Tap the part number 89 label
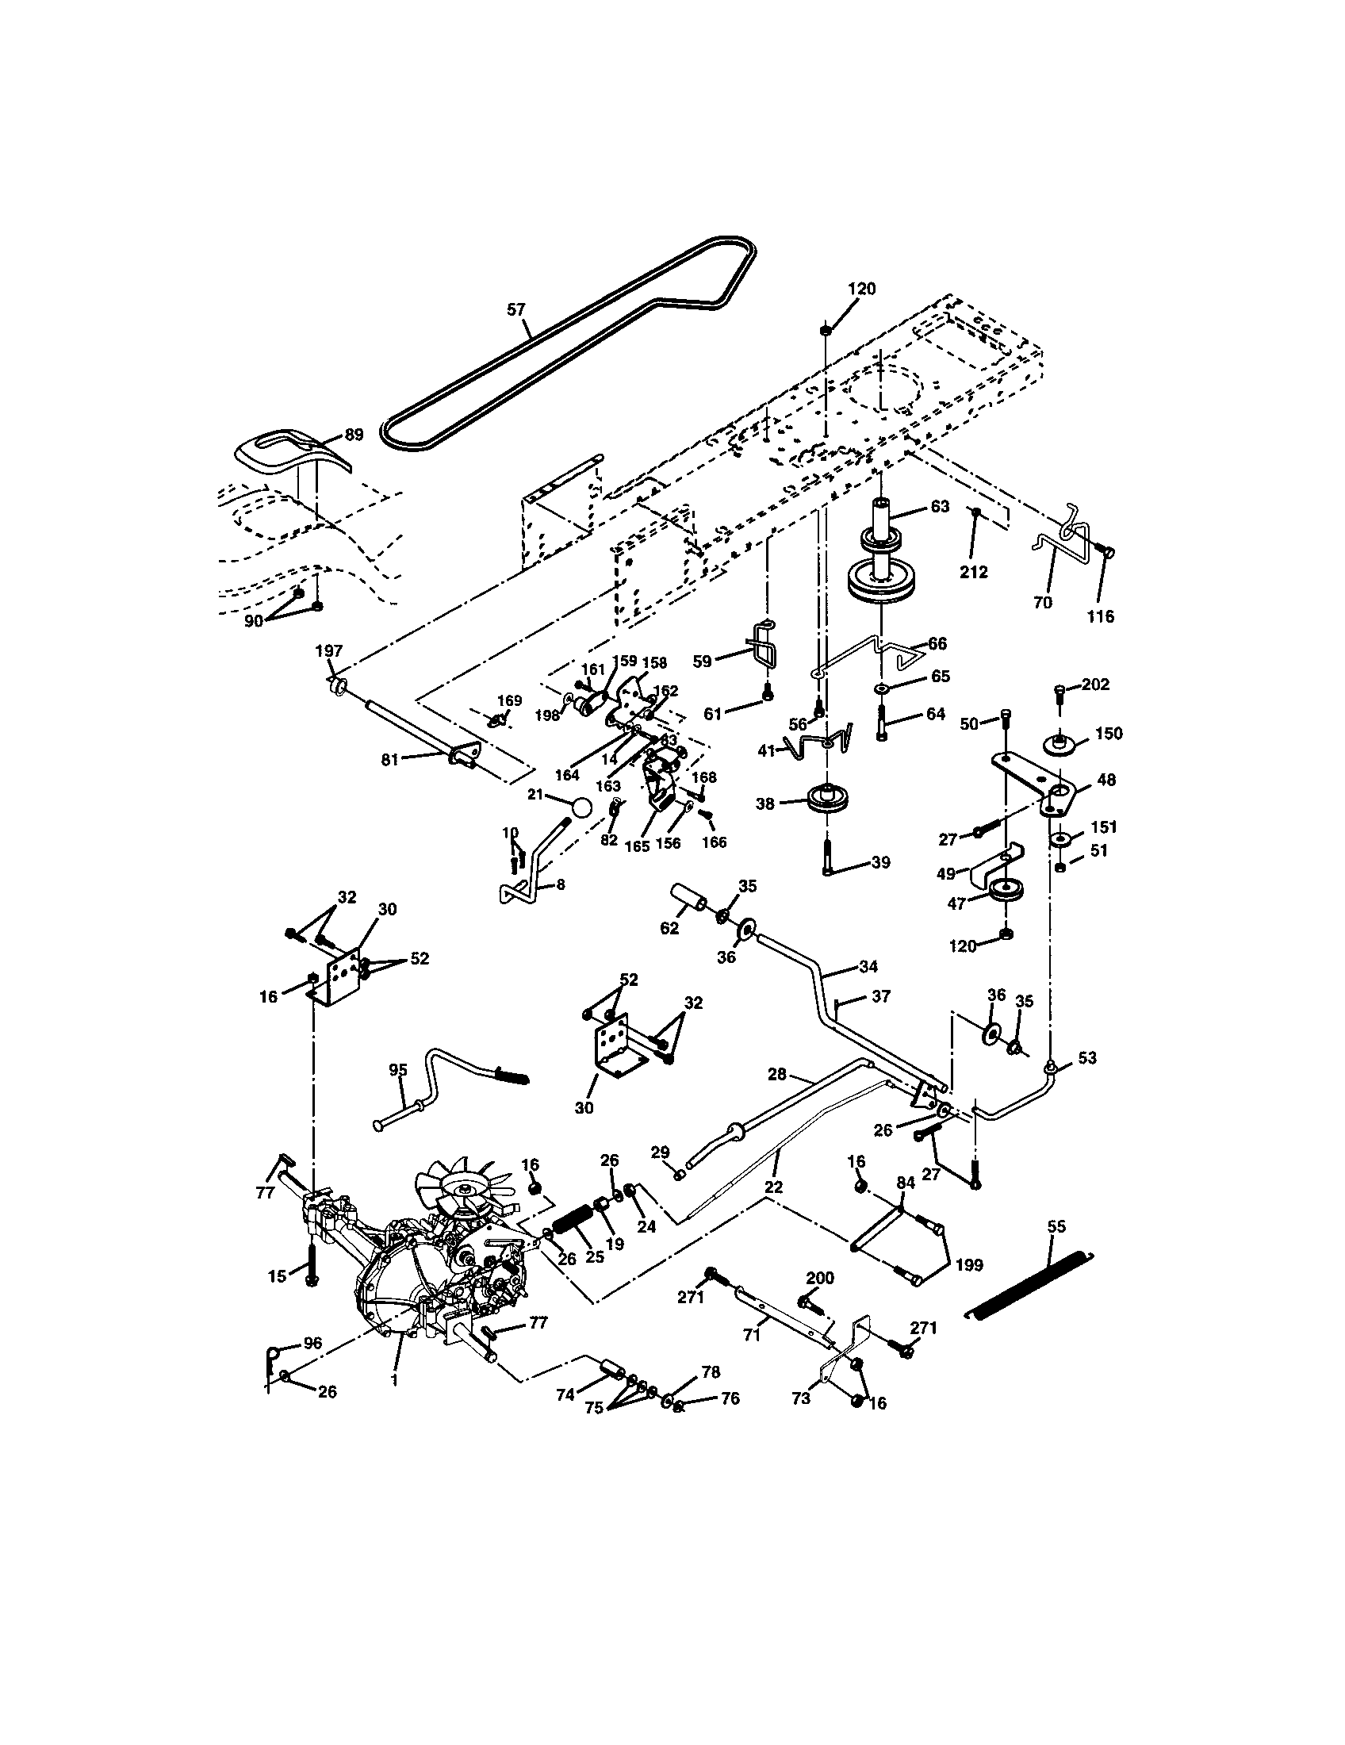point(354,435)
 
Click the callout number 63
point(940,507)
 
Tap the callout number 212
point(975,572)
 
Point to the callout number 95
point(398,1070)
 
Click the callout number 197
point(329,651)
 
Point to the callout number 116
point(1102,616)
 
